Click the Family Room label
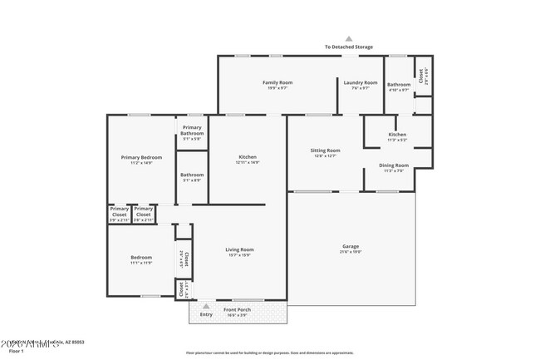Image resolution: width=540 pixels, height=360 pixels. click(x=277, y=82)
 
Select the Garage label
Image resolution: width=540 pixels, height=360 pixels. click(x=351, y=246)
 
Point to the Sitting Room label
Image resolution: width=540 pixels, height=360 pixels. click(x=326, y=150)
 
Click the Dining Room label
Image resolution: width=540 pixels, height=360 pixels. click(x=394, y=165)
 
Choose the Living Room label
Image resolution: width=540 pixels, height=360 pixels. click(x=240, y=249)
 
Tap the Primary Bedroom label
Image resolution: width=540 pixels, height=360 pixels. click(x=141, y=157)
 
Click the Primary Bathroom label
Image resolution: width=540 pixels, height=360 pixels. click(x=192, y=131)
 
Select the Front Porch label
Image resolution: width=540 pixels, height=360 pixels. click(x=238, y=310)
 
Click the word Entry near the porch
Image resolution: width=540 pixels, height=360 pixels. click(x=206, y=313)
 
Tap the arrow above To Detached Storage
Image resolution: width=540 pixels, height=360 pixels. click(x=349, y=38)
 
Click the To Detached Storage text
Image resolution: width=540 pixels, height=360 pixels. click(x=349, y=47)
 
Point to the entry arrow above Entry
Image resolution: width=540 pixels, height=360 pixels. click(x=206, y=306)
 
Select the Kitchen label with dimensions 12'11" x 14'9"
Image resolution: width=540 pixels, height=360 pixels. click(x=248, y=157)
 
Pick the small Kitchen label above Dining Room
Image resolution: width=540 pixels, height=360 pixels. click(x=397, y=135)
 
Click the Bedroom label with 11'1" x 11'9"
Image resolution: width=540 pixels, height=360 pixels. click(x=141, y=258)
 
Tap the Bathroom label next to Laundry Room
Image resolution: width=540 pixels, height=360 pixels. click(x=399, y=84)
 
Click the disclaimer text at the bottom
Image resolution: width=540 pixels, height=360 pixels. click(x=269, y=353)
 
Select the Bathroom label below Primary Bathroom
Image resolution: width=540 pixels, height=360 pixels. click(x=192, y=175)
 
